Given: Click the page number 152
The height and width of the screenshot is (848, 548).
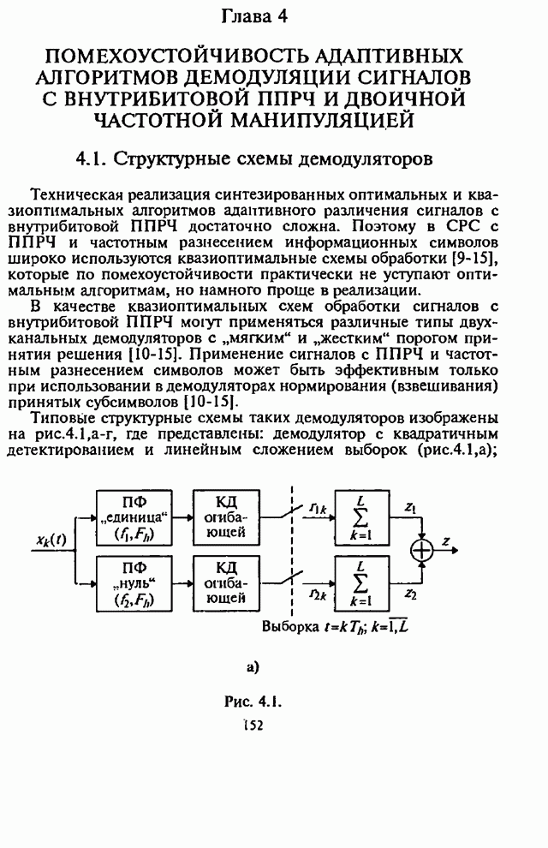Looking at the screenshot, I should pyautogui.click(x=253, y=725).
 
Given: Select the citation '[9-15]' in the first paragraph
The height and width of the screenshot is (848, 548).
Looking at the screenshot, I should pyautogui.click(x=481, y=258).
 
